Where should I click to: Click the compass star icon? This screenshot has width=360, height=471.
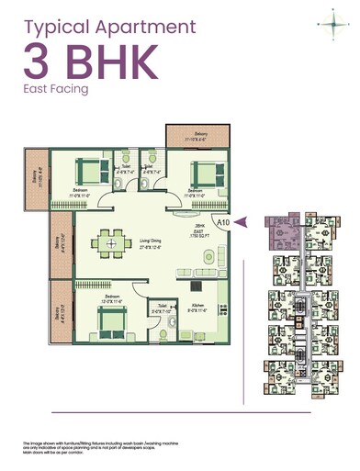point(328,22)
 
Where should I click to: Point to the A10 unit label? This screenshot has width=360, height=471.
point(222,221)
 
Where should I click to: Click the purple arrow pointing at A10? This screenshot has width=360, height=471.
point(242,221)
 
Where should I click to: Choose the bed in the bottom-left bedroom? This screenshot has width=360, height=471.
point(112,322)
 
